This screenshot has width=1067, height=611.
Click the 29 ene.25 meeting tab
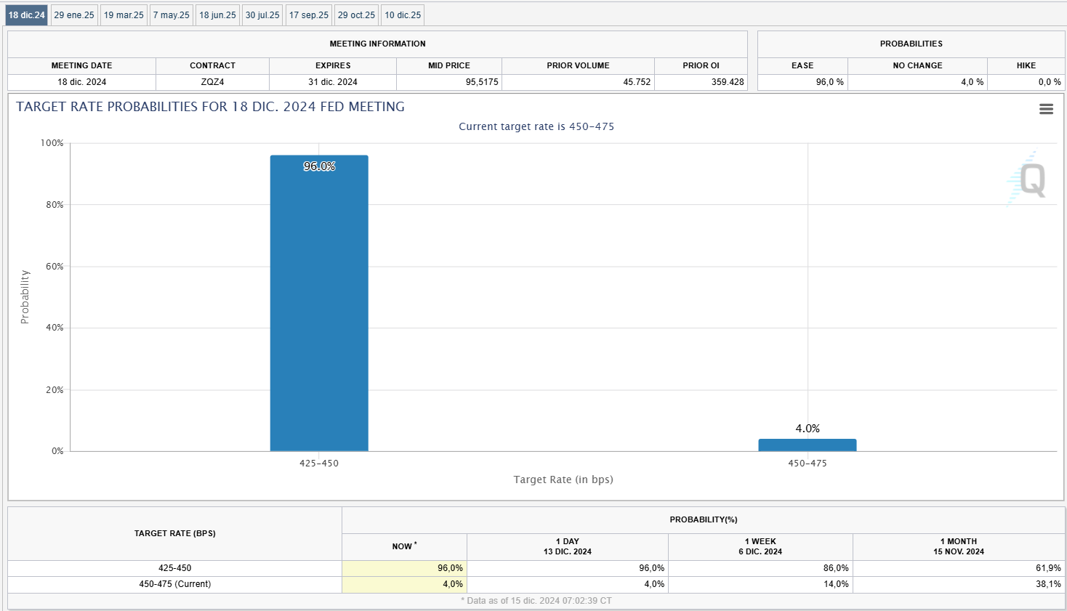tap(74, 15)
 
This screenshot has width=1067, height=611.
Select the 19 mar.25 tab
tap(124, 15)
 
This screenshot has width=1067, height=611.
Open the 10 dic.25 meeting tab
tap(403, 15)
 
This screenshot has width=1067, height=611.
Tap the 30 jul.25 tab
tap(262, 15)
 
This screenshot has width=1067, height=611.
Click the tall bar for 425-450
tap(319, 305)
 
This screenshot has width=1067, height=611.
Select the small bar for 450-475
tap(808, 445)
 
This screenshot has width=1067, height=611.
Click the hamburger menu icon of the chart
tap(1047, 109)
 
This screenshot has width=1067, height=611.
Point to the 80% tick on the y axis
tap(55, 205)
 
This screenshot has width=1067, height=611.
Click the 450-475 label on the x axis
tap(808, 464)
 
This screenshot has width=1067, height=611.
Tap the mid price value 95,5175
tap(482, 82)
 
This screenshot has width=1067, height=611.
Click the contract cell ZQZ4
tap(212, 82)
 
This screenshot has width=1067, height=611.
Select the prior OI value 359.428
tap(728, 82)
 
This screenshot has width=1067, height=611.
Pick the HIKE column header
tap(1026, 65)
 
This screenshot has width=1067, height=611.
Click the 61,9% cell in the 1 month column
tap(1048, 568)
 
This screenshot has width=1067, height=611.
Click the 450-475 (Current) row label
tap(175, 584)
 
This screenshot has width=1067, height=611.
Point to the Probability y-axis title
tap(25, 297)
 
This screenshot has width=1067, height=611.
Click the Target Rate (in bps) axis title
tap(563, 480)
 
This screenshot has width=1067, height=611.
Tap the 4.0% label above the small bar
tap(808, 429)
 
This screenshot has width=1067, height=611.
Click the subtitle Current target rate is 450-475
tap(536, 126)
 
